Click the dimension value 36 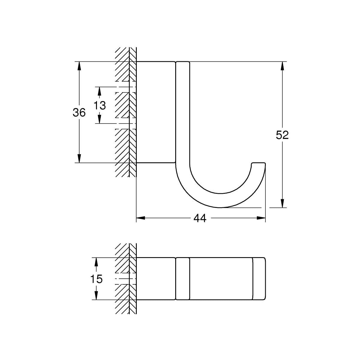click(x=79, y=112)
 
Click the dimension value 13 click(x=100, y=105)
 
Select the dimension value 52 click(x=282, y=135)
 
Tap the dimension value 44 click(x=200, y=218)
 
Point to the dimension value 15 click(x=96, y=279)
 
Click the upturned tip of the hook click(x=258, y=165)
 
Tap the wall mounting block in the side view click(x=156, y=112)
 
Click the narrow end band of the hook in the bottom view click(x=259, y=278)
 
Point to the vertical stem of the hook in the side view click(x=183, y=114)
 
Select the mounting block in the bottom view click(x=156, y=278)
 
